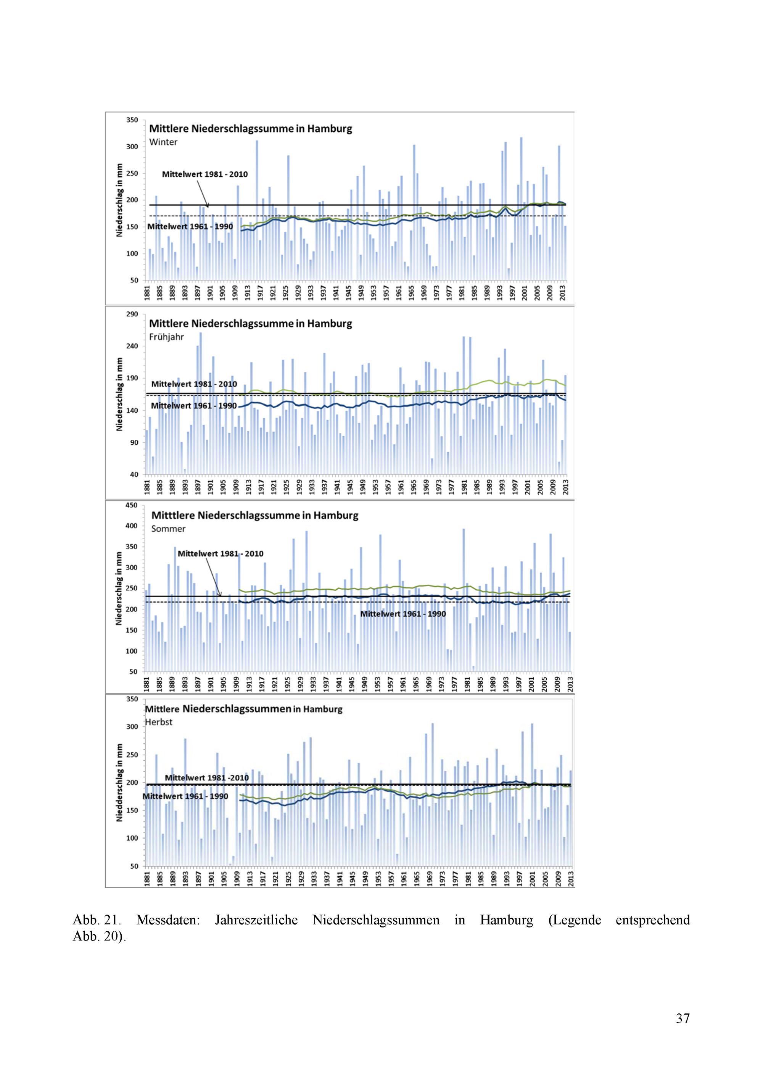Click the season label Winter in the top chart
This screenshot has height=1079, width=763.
[x=163, y=142]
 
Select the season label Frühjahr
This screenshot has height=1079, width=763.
[x=166, y=337]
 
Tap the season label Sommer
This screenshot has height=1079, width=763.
[x=168, y=529]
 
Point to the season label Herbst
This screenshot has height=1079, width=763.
[x=159, y=722]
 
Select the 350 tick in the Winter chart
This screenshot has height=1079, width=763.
[x=132, y=120]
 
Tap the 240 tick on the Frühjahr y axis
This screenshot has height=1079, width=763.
[x=132, y=346]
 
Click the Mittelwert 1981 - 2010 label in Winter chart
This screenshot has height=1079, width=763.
[x=205, y=174]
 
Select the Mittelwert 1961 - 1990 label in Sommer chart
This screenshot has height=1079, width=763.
[x=402, y=614]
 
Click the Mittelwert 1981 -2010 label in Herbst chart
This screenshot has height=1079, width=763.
[x=207, y=778]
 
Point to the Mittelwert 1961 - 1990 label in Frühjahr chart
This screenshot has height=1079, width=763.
[x=193, y=406]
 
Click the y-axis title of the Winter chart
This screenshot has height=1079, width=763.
[x=120, y=200]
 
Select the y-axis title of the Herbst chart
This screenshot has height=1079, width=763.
[x=119, y=782]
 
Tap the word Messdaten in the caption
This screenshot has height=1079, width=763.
[x=168, y=920]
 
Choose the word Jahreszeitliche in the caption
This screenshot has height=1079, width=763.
[x=256, y=920]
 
